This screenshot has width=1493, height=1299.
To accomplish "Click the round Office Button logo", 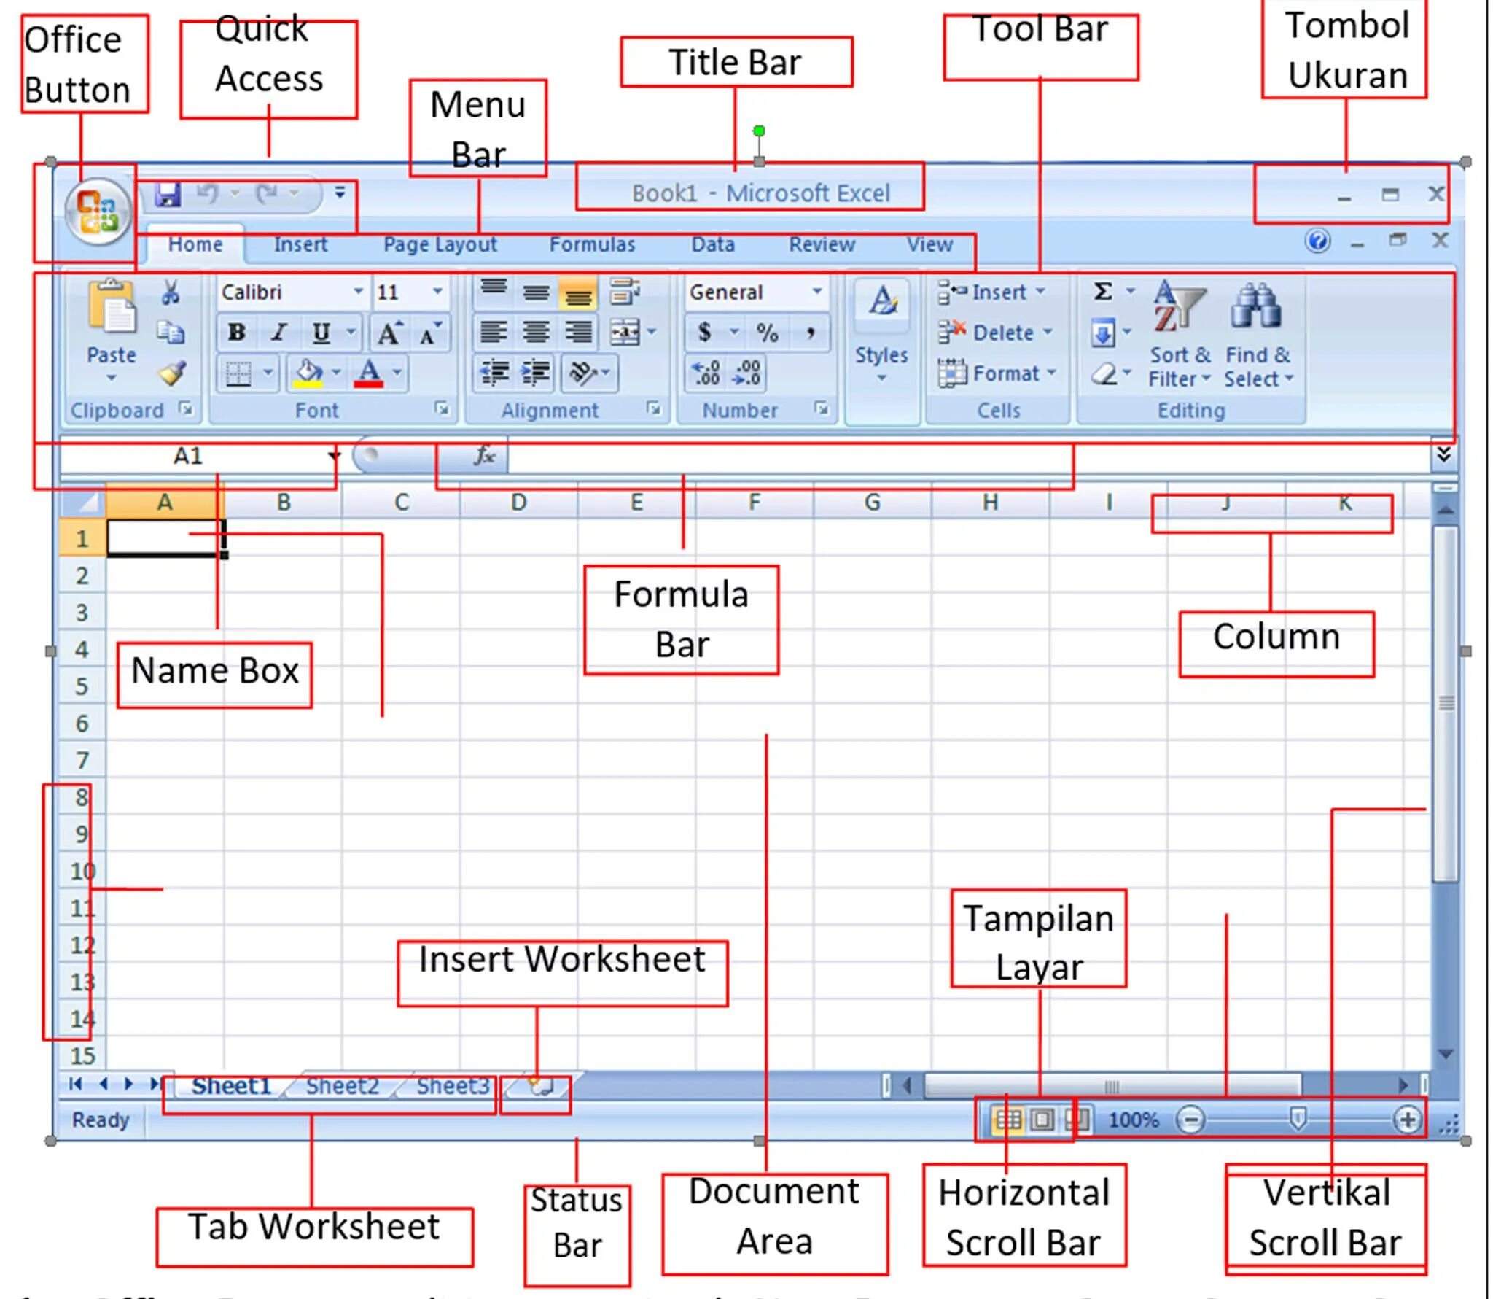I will [98, 212].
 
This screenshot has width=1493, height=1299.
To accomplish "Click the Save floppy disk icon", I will [168, 194].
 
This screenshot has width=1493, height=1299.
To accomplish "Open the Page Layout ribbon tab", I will [440, 244].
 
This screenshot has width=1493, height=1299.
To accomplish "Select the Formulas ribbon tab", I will [592, 244].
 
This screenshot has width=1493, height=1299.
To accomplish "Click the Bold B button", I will [236, 333].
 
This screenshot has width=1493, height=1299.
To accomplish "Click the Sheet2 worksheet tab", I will [342, 1086].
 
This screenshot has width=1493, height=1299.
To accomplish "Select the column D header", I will [518, 502].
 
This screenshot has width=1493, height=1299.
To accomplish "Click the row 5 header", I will [82, 686].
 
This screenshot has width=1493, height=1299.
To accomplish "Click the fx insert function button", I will [485, 456].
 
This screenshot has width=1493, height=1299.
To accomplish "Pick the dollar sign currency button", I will [704, 333].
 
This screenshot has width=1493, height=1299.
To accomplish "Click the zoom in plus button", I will [1407, 1120].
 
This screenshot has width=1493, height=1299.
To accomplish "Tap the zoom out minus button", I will [1190, 1120].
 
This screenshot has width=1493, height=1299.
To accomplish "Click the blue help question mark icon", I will [1317, 241].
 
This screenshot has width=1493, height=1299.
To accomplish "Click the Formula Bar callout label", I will [681, 619].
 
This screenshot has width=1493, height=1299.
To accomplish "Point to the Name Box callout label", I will [214, 671].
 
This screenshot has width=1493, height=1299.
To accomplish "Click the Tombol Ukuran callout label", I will [1346, 51].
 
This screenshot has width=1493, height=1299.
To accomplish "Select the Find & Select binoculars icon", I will [1255, 306].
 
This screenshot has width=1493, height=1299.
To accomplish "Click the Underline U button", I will [321, 333].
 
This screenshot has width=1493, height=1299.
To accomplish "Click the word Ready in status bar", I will [101, 1120].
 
